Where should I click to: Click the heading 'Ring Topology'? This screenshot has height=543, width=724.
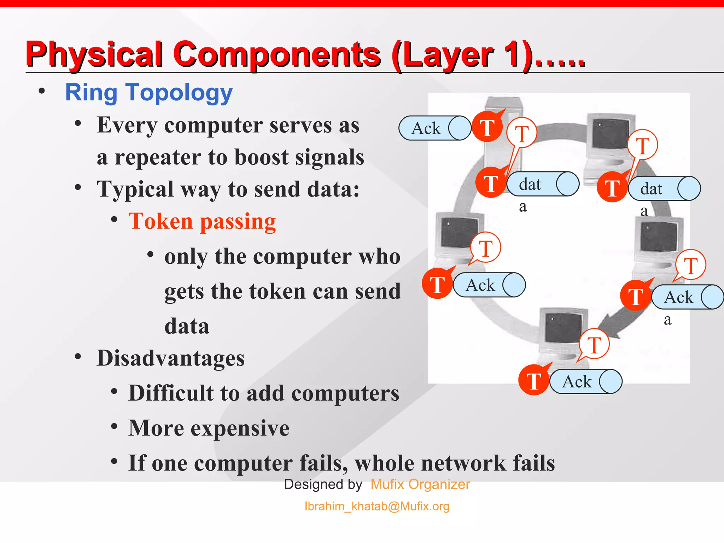coord(149,93)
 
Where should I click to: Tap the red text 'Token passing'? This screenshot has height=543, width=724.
coord(202,221)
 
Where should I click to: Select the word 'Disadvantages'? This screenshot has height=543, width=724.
coord(170,358)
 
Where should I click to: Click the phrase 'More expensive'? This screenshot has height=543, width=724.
coord(209,428)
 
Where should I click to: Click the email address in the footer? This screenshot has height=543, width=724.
coord(377,506)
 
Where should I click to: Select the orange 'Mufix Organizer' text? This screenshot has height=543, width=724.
coord(420,484)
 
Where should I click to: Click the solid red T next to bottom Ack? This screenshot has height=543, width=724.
coord(534,380)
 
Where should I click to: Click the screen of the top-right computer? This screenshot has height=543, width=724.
coord(611,134)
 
